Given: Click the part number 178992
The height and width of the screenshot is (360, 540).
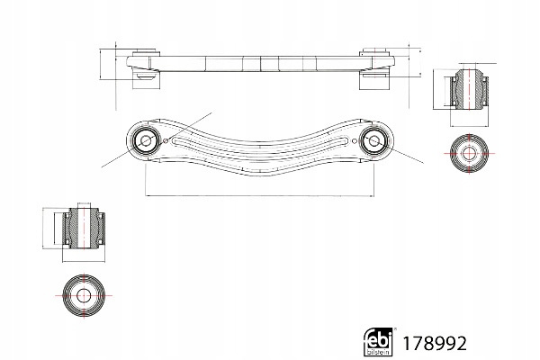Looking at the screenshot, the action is pyautogui.click(x=435, y=343).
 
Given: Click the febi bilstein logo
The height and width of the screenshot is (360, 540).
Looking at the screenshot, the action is pyautogui.click(x=378, y=341).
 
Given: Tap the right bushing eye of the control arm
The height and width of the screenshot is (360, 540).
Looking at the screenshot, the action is pyautogui.click(x=374, y=140).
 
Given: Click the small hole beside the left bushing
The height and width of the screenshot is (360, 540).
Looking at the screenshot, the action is pyautogui.click(x=166, y=140).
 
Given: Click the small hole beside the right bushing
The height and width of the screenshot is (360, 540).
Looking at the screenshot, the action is pyautogui.click(x=355, y=140).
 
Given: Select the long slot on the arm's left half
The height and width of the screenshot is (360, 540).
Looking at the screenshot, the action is pyautogui.click(x=214, y=146).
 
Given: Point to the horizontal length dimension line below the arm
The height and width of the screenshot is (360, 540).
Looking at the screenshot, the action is pyautogui.click(x=260, y=196).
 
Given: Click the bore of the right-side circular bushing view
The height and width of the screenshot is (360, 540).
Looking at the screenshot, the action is pyautogui.click(x=469, y=153).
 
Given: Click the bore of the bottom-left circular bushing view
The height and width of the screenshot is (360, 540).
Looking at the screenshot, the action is pyautogui.click(x=84, y=295).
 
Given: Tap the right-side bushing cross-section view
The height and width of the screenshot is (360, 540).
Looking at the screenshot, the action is pyautogui.click(x=469, y=89).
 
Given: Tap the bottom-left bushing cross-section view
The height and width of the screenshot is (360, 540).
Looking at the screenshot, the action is pyautogui.click(x=84, y=228).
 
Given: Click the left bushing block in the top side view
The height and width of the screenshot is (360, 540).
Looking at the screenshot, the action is pyautogui.click(x=146, y=70).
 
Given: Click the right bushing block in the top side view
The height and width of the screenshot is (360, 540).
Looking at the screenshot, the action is pyautogui.click(x=374, y=69).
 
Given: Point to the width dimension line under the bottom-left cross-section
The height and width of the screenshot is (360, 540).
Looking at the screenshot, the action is pyautogui.click(x=84, y=261).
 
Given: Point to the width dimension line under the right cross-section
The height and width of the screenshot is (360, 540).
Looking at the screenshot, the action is pyautogui.click(x=469, y=125).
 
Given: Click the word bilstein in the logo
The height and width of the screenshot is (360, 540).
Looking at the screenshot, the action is pyautogui.click(x=378, y=352).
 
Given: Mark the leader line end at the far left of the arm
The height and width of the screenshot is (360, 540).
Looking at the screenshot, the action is pyautogui.click(x=101, y=167).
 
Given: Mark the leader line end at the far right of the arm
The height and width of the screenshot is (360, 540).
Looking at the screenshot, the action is pyautogui.click(x=424, y=163).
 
